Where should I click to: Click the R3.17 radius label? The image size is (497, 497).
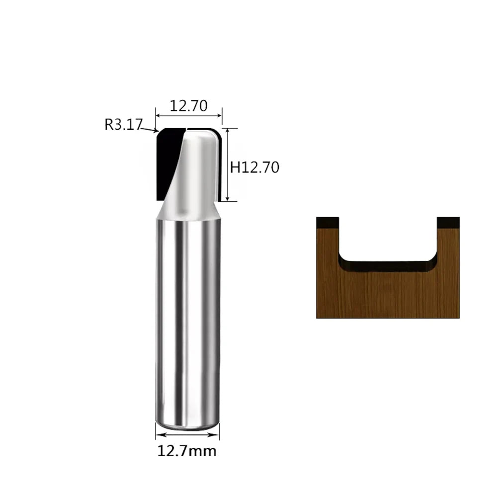[124, 124]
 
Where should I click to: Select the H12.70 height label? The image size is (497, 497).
[254, 167]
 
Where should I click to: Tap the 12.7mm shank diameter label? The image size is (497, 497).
[187, 451]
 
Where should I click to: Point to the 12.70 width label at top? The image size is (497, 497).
[188, 105]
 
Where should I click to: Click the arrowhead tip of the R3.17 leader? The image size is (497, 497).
[158, 131]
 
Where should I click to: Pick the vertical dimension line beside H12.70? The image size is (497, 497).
[228, 165]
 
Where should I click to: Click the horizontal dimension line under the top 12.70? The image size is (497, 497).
[188, 116]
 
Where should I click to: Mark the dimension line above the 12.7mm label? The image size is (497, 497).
[187, 434]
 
